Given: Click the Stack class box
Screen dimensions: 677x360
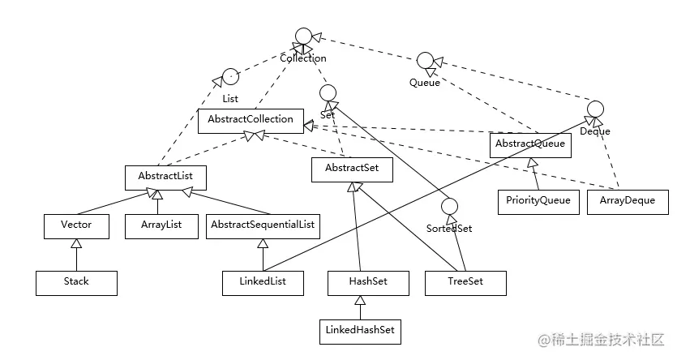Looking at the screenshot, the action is tap(76, 283).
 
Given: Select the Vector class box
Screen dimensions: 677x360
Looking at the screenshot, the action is tap(76, 226).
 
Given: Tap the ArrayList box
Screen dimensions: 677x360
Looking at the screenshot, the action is tap(161, 226).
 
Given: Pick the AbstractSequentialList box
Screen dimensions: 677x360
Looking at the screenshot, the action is tap(263, 226).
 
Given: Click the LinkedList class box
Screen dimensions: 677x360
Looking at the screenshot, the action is tap(263, 283).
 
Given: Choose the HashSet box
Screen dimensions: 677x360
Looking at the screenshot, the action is tap(368, 283).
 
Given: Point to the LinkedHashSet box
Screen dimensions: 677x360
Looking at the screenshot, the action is tap(360, 332).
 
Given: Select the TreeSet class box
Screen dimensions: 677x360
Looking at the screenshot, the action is tap(465, 283).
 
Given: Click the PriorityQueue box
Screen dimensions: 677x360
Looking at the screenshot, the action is tap(538, 202).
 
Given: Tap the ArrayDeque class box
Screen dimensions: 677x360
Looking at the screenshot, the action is tap(628, 202).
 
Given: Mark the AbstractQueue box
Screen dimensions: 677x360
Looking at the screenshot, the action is tap(530, 145).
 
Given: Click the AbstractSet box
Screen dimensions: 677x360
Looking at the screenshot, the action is tap(352, 169).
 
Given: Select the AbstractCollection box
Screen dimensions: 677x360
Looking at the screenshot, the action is tap(251, 121).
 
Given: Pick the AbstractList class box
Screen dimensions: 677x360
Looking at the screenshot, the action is tap(165, 178).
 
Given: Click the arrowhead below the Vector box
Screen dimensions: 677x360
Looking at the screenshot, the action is tap(76, 243).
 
